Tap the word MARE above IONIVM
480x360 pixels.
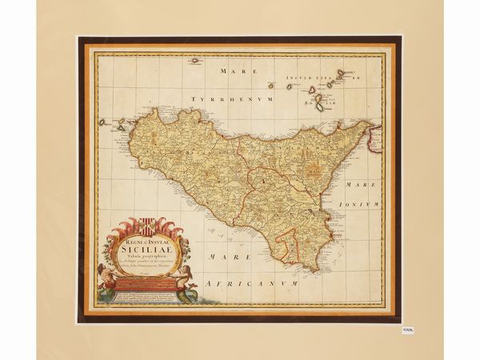360,184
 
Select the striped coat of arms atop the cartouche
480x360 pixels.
148,226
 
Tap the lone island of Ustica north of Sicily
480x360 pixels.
194,60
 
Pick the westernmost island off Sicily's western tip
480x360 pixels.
102,122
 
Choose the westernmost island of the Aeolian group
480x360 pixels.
271,86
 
